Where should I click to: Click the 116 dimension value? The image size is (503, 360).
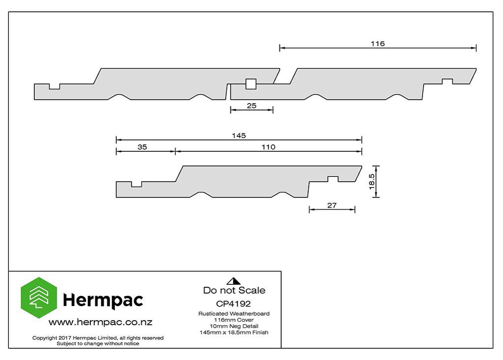coord(378,44)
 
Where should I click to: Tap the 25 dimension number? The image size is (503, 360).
coord(251,106)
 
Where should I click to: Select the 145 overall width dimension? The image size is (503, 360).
coord(239,136)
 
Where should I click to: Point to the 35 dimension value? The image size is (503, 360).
coord(142,147)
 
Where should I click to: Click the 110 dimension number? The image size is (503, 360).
coord(268,147)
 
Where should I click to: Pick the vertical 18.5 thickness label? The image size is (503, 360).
coord(371,182)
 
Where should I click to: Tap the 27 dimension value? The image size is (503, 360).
coord(332,205)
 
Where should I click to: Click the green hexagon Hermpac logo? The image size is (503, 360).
coord(39,298)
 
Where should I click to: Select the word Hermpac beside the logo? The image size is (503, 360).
coord(103,300)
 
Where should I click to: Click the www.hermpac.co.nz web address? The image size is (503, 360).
coord(100,322)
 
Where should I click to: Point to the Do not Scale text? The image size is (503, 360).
coord(234,290)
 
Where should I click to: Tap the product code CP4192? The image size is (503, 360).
coord(233,304)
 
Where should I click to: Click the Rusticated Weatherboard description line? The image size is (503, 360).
coord(234,313)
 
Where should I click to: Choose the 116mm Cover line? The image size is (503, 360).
coord(234,320)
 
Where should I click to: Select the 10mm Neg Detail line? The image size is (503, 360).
coord(234,326)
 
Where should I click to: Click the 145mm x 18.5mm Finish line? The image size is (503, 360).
coord(234,332)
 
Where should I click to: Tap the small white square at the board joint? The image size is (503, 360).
coord(251,84)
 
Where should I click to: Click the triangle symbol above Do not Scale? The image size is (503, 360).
coord(233,281)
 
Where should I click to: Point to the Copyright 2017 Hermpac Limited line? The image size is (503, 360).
coord(98,338)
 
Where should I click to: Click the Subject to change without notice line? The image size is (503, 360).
coord(98,344)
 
